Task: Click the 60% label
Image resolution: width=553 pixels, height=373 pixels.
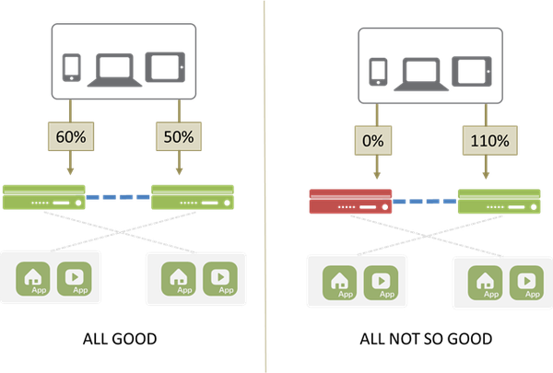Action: (x=70, y=137)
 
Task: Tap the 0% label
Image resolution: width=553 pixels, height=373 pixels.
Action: (x=373, y=142)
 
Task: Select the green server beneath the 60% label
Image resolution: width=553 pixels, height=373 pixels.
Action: (x=44, y=196)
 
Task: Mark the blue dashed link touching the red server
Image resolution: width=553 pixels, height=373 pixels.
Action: (x=425, y=200)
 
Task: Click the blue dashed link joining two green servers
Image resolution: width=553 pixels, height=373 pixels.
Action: (x=120, y=196)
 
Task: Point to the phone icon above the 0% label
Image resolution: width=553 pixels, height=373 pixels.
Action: (x=377, y=72)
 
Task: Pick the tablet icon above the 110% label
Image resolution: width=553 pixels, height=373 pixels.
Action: (x=474, y=72)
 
